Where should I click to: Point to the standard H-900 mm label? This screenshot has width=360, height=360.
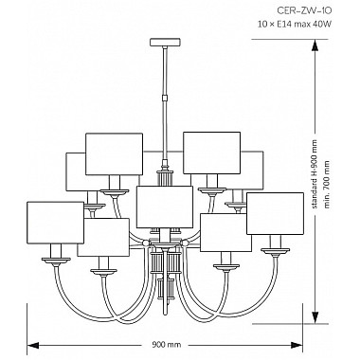pos(324,171)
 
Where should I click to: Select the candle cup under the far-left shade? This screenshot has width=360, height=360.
pos(53,254)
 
